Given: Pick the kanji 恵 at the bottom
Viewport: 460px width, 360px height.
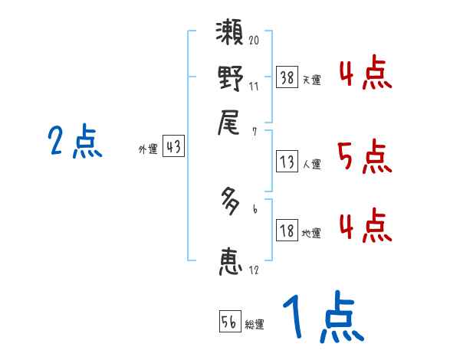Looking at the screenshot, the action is point(231,260).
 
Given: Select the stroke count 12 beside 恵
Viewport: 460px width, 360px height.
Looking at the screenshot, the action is point(253,270).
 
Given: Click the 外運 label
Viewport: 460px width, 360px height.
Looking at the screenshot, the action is point(148,150).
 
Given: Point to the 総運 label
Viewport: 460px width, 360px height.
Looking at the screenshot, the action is point(255,325).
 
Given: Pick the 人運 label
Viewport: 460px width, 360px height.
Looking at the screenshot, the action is point(311,164).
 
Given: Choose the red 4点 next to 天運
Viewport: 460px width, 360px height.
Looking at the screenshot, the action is point(365,75).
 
